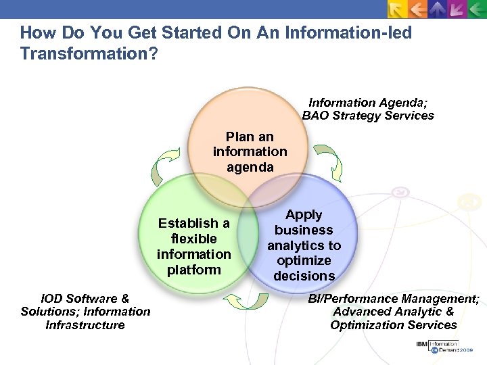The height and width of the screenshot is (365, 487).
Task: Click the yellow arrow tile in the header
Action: (397, 9)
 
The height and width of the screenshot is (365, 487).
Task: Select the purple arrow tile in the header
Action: (457, 9)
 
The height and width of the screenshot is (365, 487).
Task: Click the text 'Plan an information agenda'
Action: (250, 151)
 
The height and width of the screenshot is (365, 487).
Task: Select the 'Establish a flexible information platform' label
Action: (193, 246)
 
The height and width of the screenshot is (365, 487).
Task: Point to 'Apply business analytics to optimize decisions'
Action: (304, 245)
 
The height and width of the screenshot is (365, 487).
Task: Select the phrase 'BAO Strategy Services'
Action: (368, 116)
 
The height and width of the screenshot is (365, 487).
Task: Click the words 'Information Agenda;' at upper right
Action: (369, 103)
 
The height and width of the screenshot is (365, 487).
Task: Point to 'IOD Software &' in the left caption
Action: (85, 298)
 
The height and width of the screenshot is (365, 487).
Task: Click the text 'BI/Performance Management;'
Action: (394, 298)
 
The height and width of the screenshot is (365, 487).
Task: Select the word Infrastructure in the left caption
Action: (85, 325)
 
